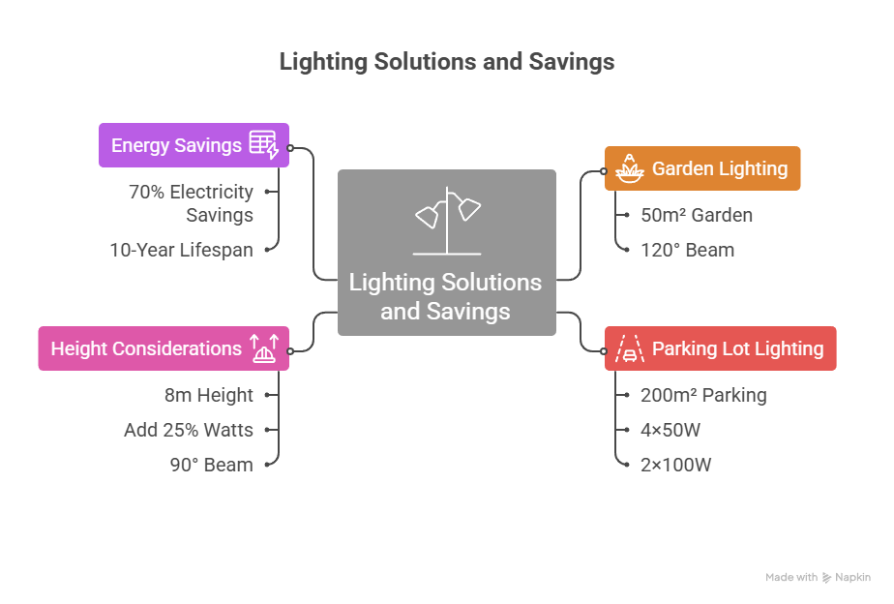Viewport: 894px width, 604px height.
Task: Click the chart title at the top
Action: (446, 62)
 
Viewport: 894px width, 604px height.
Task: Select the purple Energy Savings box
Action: (194, 145)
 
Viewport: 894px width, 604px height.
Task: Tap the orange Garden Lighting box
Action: (702, 168)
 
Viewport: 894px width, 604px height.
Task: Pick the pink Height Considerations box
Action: (164, 348)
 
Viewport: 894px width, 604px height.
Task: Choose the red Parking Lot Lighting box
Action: (720, 348)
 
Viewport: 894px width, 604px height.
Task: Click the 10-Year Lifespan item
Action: (181, 250)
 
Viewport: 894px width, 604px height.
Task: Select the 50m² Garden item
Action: (697, 215)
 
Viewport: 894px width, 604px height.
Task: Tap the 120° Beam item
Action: (687, 250)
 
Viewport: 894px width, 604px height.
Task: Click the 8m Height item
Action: (208, 395)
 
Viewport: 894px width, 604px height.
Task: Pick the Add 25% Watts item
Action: (189, 430)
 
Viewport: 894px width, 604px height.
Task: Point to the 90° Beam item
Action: (211, 465)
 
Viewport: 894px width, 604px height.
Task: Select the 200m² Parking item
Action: (703, 395)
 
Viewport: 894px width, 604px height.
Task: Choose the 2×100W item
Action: (675, 465)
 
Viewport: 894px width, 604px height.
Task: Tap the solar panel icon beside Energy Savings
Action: (263, 145)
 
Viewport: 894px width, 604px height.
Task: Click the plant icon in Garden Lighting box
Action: (630, 168)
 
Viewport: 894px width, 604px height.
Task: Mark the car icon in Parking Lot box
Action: (630, 348)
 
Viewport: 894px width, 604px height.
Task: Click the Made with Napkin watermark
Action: (818, 578)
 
